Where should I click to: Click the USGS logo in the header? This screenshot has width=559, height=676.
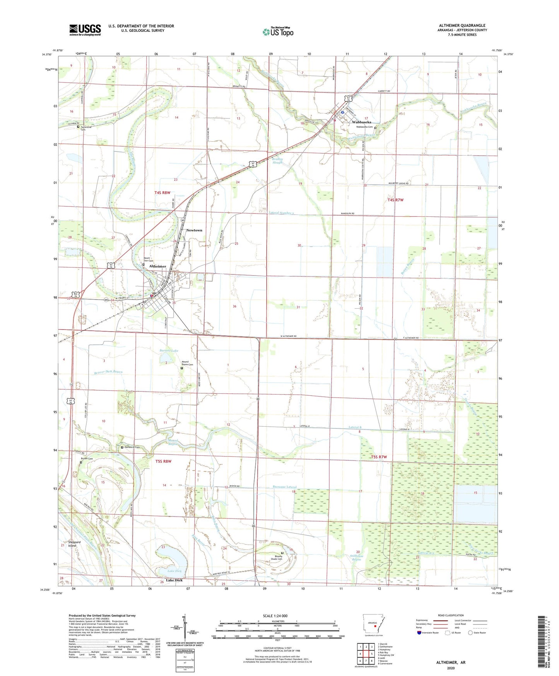(85, 29)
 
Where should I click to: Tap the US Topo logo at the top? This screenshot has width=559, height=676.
(278, 32)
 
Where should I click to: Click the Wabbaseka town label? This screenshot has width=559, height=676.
(361, 122)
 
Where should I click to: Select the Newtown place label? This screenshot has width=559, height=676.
(194, 230)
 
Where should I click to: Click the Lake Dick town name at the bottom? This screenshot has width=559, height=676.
(174, 580)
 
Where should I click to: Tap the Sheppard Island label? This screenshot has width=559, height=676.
(74, 544)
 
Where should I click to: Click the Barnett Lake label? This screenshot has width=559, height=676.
(169, 351)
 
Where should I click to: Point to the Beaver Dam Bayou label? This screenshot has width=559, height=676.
(108, 372)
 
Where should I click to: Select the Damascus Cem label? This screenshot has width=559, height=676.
(132, 447)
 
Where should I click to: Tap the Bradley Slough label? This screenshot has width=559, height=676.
(277, 160)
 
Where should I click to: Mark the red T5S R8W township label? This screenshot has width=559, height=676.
(163, 461)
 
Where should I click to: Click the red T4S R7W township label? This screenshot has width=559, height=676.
(395, 200)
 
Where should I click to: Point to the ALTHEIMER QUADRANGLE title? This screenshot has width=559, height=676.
(462, 26)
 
